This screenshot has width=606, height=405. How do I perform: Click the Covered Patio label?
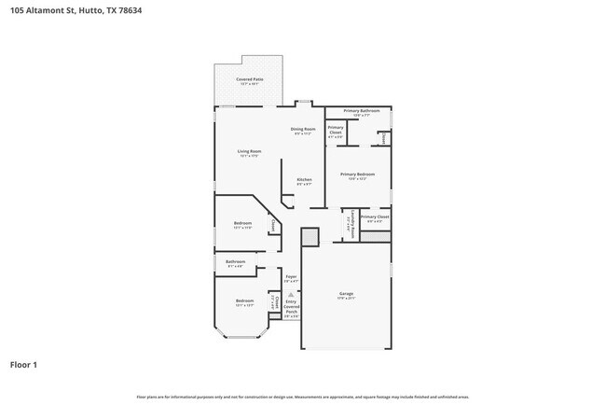[x=248, y=79]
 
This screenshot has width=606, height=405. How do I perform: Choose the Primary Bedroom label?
[x=357, y=175]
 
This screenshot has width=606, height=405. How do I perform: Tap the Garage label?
[x=345, y=294]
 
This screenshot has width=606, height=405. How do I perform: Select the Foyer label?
[x=291, y=276]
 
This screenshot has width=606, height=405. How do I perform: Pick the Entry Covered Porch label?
[x=291, y=307]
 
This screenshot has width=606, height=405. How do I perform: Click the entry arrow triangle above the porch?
[x=291, y=293]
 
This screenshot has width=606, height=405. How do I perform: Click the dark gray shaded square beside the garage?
[x=310, y=237]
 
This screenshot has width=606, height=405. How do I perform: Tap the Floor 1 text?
[x=23, y=365]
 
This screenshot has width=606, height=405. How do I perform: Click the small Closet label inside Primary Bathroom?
[x=383, y=137]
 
